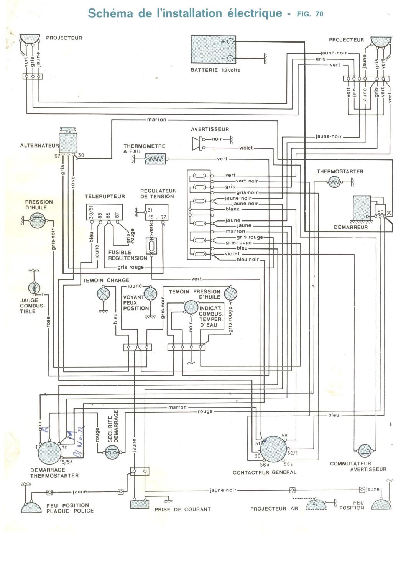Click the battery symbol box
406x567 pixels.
click(x=213, y=49)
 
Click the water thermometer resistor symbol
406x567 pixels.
click(x=155, y=159)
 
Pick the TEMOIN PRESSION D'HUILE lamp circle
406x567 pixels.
click(x=230, y=294)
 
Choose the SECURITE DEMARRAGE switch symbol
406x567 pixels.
click(x=112, y=453)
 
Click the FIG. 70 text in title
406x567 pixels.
click(x=310, y=14)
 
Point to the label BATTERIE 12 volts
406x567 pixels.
click(x=215, y=70)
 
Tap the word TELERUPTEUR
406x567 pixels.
click(x=105, y=196)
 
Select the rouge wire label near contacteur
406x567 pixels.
click(x=205, y=411)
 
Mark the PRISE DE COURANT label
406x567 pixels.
click(x=182, y=509)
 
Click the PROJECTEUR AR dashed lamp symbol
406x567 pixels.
click(x=316, y=505)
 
